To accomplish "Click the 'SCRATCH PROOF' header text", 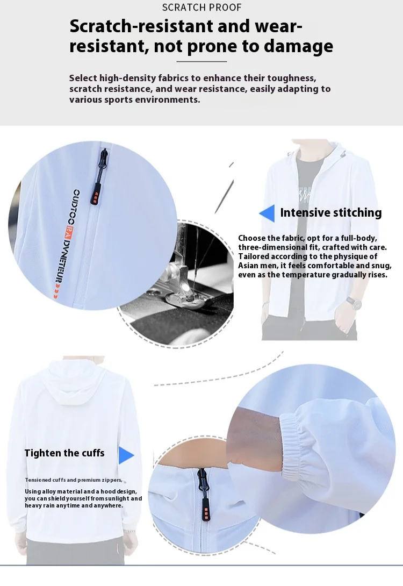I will [x=201, y=8].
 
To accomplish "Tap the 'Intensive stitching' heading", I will [x=330, y=212].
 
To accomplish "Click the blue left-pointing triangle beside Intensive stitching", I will [x=267, y=213].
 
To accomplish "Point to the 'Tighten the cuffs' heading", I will [x=64, y=453].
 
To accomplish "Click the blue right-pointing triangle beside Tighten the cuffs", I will [x=126, y=455].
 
